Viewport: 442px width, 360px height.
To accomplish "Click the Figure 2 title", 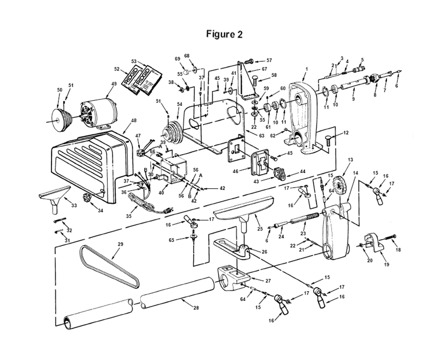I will [x=224, y=35].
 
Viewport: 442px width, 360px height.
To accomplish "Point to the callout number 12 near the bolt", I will [x=346, y=132].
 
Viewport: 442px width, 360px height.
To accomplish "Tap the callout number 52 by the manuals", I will [x=117, y=69].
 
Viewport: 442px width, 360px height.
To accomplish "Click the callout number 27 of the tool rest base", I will [x=267, y=280].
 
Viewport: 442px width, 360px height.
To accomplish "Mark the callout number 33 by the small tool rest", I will [x=74, y=205].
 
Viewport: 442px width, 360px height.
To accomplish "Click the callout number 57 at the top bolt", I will [x=269, y=60].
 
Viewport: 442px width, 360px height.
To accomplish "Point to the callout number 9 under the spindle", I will [x=353, y=99].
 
